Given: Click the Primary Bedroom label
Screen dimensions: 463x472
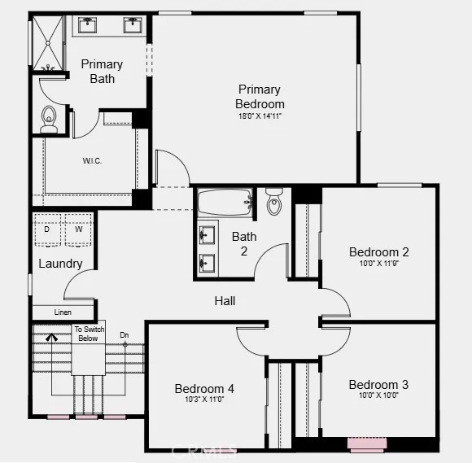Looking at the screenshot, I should coord(260,97).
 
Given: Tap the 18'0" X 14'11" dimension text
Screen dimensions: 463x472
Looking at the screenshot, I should coord(260,116).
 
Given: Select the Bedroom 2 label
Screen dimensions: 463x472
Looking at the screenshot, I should coord(378,252).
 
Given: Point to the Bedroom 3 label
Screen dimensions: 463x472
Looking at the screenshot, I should coord(378,385).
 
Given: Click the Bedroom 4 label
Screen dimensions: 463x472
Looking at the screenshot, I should coord(204,389).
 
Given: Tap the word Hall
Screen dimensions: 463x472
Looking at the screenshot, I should coord(225,301).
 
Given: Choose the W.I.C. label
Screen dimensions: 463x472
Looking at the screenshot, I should coord(92,160).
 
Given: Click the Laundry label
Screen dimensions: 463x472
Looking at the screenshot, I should coord(60,264).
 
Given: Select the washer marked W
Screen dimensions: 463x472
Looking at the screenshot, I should coord(79,229).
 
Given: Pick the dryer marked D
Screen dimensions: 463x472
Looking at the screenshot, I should coord(46,229).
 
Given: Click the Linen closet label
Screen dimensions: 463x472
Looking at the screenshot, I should coord(63,312).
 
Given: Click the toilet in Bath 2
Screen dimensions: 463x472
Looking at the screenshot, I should coord(274,203).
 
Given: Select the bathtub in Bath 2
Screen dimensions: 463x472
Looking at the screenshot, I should coord(225,203).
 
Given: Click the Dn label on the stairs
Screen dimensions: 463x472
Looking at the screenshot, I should coord(125,334).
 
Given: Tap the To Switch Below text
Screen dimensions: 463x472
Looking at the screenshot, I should coord(88,334).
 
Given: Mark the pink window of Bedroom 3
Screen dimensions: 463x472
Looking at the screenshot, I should coord(367,444).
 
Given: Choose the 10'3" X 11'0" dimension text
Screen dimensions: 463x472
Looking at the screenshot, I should coord(204,400).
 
